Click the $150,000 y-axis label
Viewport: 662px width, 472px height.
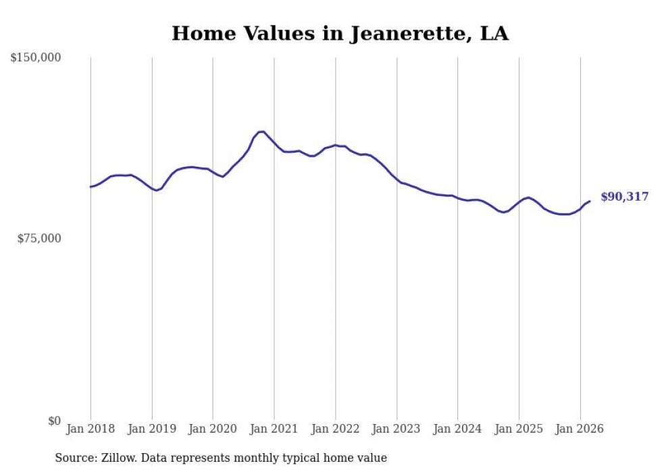click(36, 58)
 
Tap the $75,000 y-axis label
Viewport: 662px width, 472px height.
click(39, 238)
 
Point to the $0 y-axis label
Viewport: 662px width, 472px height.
click(54, 421)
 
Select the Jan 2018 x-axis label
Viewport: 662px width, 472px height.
click(91, 429)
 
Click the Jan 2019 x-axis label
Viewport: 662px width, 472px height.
click(152, 429)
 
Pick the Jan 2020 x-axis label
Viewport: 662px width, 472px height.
click(213, 429)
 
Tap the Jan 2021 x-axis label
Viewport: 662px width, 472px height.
click(274, 429)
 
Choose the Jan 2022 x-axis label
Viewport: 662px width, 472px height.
click(335, 429)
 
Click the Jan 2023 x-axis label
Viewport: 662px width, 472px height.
click(397, 429)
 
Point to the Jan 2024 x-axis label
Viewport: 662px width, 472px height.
click(457, 429)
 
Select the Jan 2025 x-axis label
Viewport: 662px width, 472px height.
click(519, 429)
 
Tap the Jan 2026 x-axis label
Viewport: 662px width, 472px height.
click(580, 429)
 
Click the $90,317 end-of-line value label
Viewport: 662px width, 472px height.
click(624, 197)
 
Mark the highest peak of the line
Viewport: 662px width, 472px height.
click(261, 132)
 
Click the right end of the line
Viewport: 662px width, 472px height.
click(590, 201)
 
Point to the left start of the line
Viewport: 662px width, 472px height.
click(91, 186)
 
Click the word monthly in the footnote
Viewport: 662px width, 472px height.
click(257, 458)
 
